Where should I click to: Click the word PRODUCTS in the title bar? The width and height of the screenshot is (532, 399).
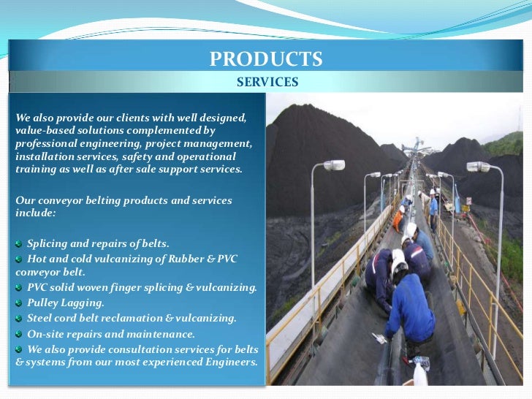coord(266,58)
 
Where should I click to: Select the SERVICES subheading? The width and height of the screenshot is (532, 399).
coord(267,83)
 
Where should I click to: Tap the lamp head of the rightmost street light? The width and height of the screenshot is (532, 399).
coord(478,167)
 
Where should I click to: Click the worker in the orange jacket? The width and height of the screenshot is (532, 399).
coord(400,217)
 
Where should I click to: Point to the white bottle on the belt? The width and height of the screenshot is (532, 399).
coord(421,375)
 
